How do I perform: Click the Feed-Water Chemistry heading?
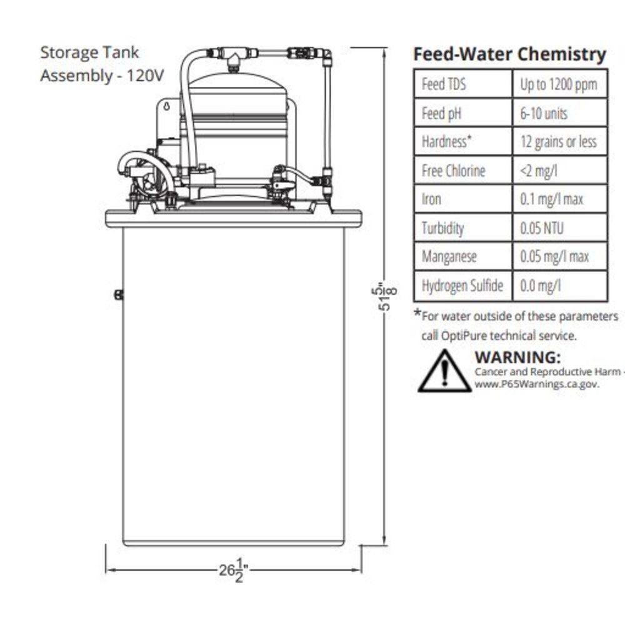tap(509, 54)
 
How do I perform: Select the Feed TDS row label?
tap(444, 84)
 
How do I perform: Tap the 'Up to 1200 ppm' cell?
tap(559, 84)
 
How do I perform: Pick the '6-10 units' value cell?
tap(544, 113)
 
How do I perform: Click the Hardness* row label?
tap(446, 142)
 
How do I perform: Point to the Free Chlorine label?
tap(453, 171)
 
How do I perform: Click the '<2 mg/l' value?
tap(541, 171)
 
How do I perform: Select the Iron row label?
tap(431, 199)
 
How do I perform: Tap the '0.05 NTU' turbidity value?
tap(542, 228)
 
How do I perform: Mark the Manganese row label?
tap(449, 257)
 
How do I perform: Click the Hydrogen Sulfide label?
tap(462, 286)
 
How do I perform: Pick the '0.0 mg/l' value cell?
tap(541, 286)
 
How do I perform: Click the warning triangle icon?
tap(444, 372)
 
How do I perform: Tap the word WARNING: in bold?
tap(517, 357)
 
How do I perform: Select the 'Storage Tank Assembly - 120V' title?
tap(102, 64)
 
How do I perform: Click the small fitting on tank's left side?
tap(118, 295)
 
